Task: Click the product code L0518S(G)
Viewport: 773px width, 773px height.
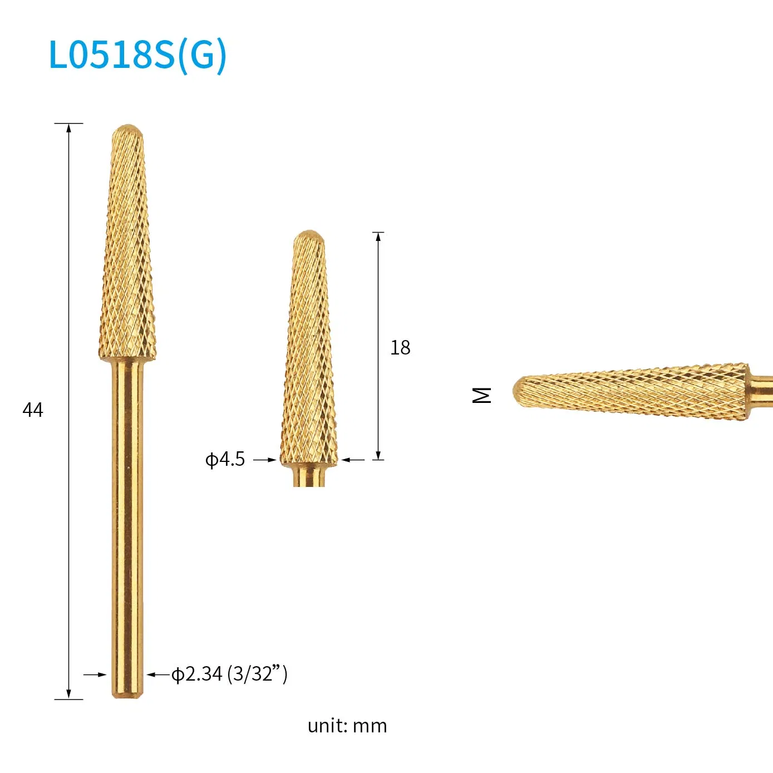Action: pos(137,55)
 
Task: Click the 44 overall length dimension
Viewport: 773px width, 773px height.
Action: pos(33,410)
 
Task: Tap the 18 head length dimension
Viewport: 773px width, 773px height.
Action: pos(400,348)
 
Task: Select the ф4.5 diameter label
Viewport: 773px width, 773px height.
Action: pos(225,459)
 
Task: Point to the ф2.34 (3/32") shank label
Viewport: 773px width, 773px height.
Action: pos(229,674)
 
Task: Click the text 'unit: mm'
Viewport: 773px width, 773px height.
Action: pos(347,726)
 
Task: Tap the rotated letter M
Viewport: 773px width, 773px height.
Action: pos(482,395)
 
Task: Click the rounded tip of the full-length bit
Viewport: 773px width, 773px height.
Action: pos(127,130)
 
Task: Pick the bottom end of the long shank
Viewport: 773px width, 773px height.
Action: pos(127,693)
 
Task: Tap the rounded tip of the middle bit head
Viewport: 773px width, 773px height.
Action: pos(309,235)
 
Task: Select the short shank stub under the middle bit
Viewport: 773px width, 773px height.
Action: pos(309,476)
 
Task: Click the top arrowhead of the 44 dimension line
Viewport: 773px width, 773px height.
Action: pos(69,127)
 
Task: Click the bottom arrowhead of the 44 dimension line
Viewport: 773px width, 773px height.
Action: pos(69,695)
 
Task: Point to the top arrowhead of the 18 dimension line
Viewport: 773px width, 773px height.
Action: pos(378,237)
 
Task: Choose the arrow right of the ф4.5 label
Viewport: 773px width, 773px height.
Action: pos(271,460)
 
